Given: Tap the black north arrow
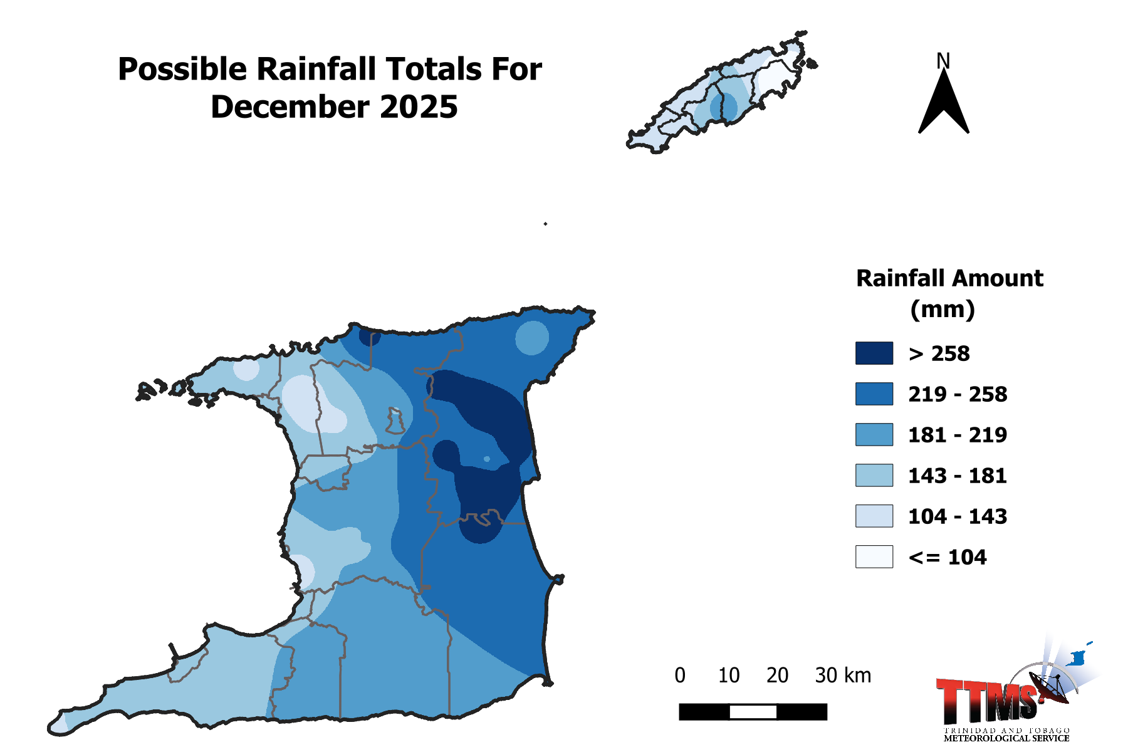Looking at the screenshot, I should click(x=943, y=107).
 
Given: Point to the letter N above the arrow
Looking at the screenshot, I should click(x=943, y=61).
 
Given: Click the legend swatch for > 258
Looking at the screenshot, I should click(x=874, y=353).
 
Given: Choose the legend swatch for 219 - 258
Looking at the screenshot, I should click(x=874, y=394).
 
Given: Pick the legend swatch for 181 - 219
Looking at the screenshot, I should click(x=874, y=435).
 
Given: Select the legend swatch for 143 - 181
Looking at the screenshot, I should click(x=874, y=476).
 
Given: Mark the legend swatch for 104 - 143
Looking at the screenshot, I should click(x=874, y=516).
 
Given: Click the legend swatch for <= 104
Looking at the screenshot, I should click(x=874, y=557).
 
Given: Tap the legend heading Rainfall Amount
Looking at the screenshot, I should click(x=949, y=278).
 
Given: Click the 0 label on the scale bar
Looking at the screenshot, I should click(x=680, y=676).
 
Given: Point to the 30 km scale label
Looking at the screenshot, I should click(x=843, y=676).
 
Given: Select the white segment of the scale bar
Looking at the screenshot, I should click(x=753, y=712).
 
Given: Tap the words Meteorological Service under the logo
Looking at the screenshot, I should click(x=1006, y=739).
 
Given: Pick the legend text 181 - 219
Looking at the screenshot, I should click(x=958, y=435).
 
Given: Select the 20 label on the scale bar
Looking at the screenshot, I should click(x=777, y=676).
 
